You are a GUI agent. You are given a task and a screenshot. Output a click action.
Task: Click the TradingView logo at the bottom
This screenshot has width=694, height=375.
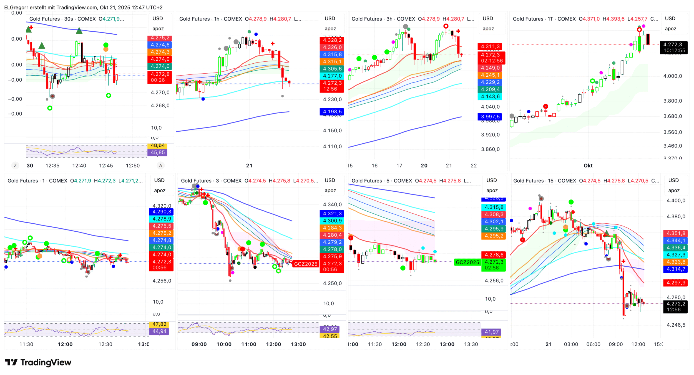pyautogui.click(x=38, y=362)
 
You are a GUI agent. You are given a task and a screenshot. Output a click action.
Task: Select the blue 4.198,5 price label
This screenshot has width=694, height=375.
pyautogui.click(x=332, y=112)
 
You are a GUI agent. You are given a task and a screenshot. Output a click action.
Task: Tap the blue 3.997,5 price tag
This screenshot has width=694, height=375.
pyautogui.click(x=490, y=117)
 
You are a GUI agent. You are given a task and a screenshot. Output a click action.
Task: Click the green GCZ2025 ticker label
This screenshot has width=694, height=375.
pyautogui.click(x=467, y=262)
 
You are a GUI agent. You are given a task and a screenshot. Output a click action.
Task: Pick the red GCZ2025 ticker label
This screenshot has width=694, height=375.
pyautogui.click(x=305, y=264)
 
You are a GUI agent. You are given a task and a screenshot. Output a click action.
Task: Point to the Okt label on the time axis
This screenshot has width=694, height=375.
pyautogui.click(x=588, y=166)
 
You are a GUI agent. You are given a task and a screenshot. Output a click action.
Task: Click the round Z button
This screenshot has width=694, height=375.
pyautogui.click(x=15, y=166)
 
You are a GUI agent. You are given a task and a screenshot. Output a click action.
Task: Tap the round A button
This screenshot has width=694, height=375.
pyautogui.click(x=160, y=166)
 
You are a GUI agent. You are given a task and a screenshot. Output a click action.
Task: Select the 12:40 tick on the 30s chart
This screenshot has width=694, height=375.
pyautogui.click(x=79, y=166)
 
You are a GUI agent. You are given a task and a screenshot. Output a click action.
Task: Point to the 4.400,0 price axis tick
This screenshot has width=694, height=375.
pyautogui.click(x=676, y=201)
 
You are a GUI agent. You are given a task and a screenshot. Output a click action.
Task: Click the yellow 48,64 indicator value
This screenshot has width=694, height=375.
pyautogui.click(x=158, y=146)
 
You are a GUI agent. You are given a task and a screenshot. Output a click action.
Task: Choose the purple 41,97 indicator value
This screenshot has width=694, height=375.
pyautogui.click(x=492, y=332)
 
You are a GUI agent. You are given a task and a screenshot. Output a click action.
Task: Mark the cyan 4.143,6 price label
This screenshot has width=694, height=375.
pyautogui.click(x=490, y=97)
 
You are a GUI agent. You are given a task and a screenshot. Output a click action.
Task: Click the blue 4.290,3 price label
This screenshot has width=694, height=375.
pyautogui.click(x=162, y=212)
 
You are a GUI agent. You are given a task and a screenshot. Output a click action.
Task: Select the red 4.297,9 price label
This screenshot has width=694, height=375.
pyautogui.click(x=676, y=283)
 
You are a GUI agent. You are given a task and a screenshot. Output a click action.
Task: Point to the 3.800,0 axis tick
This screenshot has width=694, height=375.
pyautogui.click(x=672, y=101)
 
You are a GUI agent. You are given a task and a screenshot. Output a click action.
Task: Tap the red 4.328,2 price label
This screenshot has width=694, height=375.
pyautogui.click(x=332, y=40)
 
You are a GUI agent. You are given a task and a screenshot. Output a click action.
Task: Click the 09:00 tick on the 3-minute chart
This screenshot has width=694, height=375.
pyautogui.click(x=199, y=344)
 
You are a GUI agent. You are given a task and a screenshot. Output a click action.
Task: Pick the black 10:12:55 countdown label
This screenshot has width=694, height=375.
pyautogui.click(x=674, y=51)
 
